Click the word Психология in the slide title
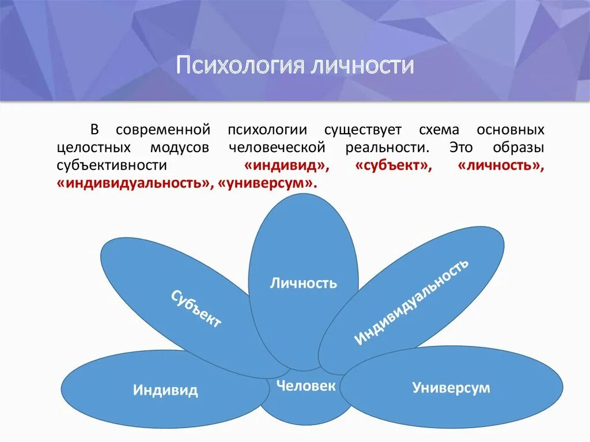tap(239, 65)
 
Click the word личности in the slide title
tap(362, 65)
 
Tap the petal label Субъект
tap(196, 309)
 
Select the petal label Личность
tap(304, 283)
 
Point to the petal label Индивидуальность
tap(411, 302)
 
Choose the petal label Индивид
tap(165, 390)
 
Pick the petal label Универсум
tap(451, 387)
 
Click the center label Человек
tap(305, 386)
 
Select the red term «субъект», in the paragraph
tap(394, 165)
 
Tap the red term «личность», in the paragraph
tap(500, 165)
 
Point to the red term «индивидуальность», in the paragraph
tap(134, 183)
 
